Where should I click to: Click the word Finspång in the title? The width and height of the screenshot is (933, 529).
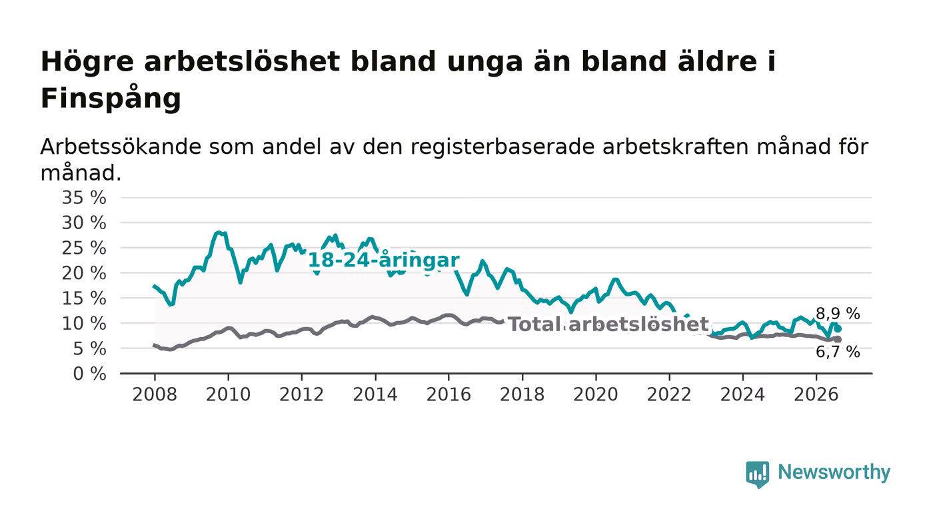pyautogui.click(x=111, y=99)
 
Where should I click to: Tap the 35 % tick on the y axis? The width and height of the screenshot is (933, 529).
pyautogui.click(x=84, y=197)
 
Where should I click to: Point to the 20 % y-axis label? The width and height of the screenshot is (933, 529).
pyautogui.click(x=84, y=273)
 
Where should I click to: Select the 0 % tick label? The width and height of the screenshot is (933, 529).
pyautogui.click(x=89, y=374)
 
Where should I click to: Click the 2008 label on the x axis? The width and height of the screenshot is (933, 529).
pyautogui.click(x=155, y=394)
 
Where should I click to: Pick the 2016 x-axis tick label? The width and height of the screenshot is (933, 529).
pyautogui.click(x=449, y=394)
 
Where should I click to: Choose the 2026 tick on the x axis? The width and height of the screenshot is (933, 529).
pyautogui.click(x=816, y=394)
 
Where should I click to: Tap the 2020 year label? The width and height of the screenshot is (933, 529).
pyautogui.click(x=596, y=394)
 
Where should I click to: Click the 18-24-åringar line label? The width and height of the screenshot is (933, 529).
pyautogui.click(x=384, y=261)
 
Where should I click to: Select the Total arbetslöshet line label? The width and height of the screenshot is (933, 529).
pyautogui.click(x=608, y=324)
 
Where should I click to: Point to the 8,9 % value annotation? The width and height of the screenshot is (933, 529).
pyautogui.click(x=838, y=314)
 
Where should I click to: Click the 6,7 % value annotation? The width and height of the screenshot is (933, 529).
pyautogui.click(x=838, y=352)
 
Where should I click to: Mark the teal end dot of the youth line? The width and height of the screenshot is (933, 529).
pyautogui.click(x=838, y=328)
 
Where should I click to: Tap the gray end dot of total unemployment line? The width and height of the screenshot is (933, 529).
pyautogui.click(x=838, y=340)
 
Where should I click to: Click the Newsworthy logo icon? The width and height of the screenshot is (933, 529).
pyautogui.click(x=757, y=474)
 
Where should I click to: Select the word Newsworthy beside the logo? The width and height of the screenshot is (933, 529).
pyautogui.click(x=834, y=472)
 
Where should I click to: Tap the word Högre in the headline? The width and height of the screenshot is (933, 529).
pyautogui.click(x=87, y=63)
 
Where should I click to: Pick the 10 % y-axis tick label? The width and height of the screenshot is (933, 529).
pyautogui.click(x=84, y=324)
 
